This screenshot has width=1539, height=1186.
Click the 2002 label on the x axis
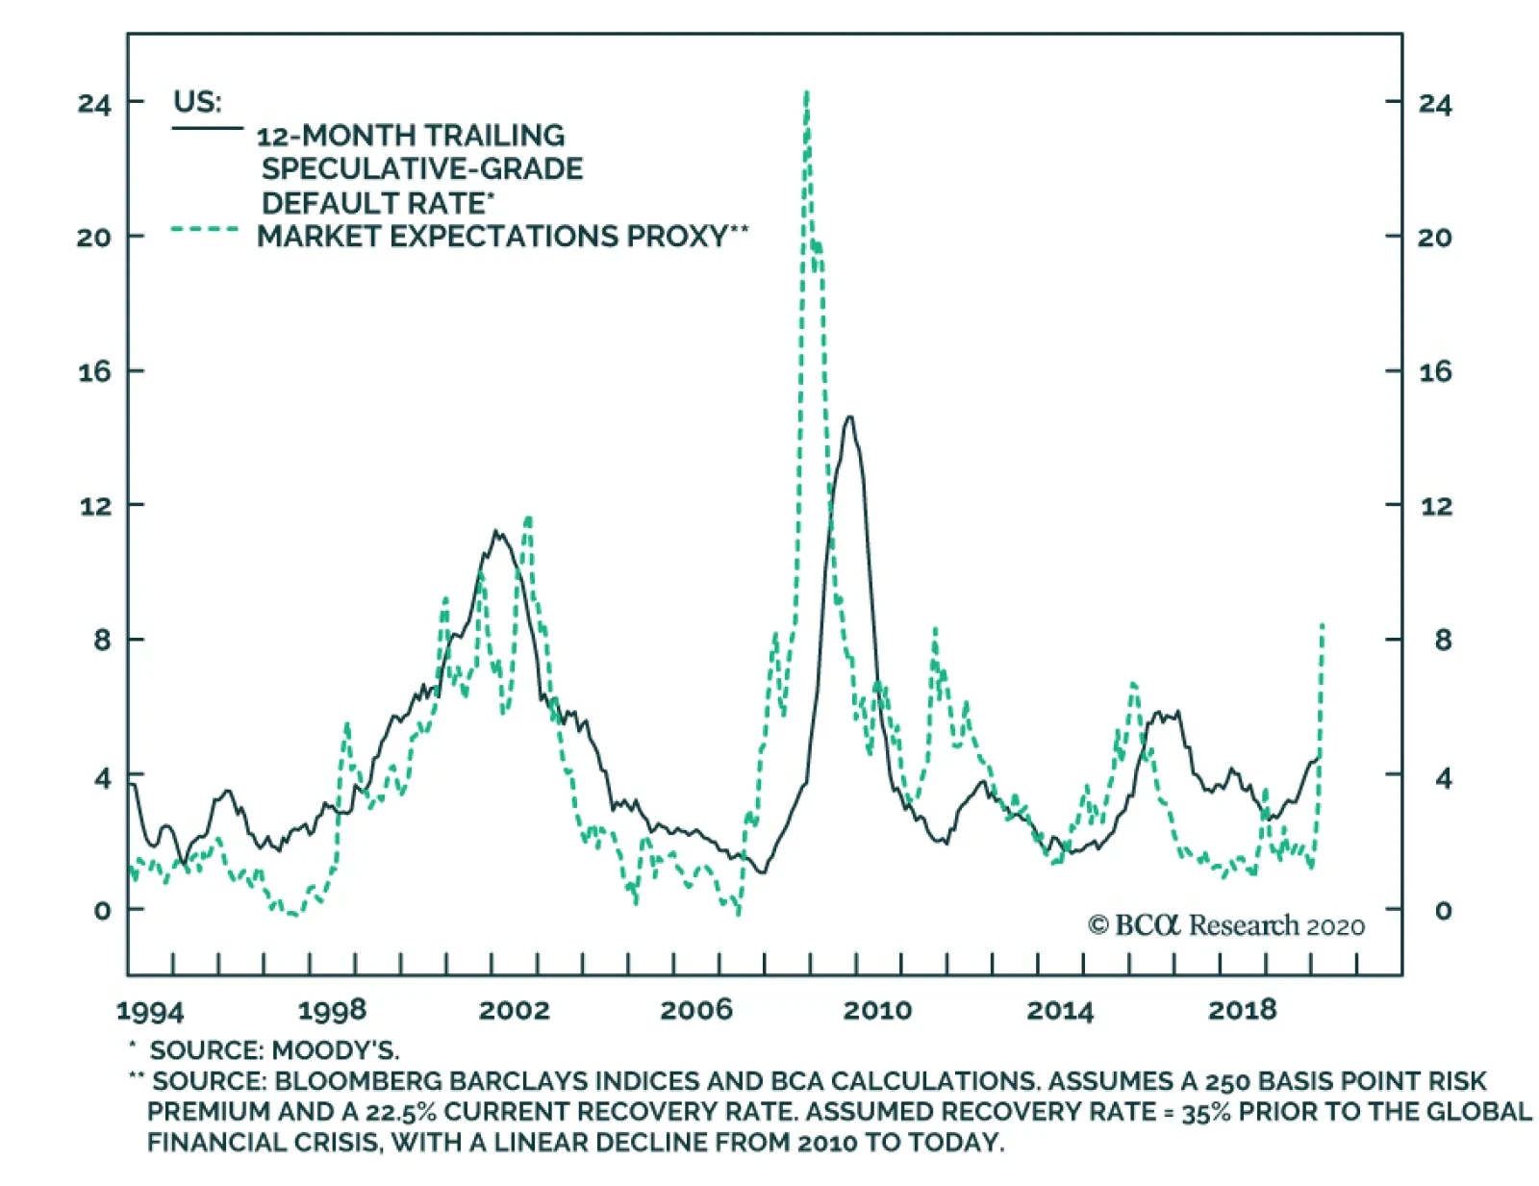click(514, 1009)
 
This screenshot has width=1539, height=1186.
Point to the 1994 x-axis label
click(149, 1010)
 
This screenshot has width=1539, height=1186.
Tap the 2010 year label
click(877, 1009)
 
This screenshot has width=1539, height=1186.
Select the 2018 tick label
click(1242, 1009)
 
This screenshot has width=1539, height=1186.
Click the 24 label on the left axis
click(94, 103)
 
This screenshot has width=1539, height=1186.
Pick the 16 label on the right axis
click(1435, 372)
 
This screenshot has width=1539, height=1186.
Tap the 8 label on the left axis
click(102, 640)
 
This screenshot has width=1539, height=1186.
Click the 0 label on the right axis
click(1443, 910)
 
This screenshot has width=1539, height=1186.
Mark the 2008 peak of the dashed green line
click(806, 93)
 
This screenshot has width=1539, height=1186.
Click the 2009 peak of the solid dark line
click(848, 417)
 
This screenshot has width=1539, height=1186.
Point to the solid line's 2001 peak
click(496, 531)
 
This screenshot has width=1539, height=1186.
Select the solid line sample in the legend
click(207, 128)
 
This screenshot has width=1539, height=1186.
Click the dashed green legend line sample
click(204, 230)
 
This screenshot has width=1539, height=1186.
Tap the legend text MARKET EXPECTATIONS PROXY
click(492, 236)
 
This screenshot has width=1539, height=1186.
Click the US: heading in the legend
click(197, 101)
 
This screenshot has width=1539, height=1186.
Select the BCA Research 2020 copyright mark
click(1226, 925)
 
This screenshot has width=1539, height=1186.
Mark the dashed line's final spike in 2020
click(1323, 625)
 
